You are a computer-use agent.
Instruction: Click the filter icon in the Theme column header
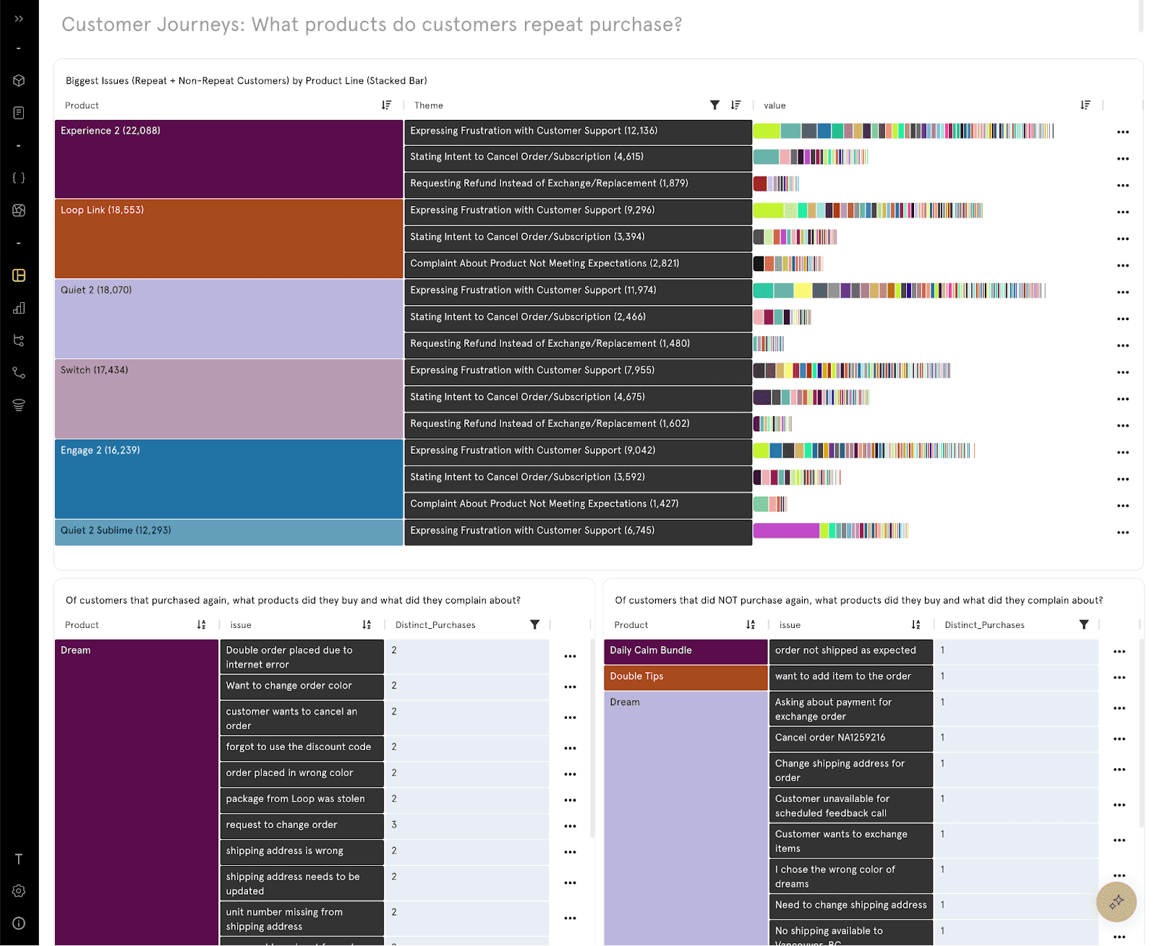(x=714, y=106)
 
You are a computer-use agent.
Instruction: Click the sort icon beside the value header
(x=1085, y=106)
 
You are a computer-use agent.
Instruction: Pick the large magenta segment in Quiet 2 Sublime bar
(x=785, y=531)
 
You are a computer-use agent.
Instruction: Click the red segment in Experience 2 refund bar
(x=759, y=184)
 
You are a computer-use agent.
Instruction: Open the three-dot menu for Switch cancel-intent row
(x=1122, y=399)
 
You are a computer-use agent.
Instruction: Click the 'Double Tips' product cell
(x=685, y=677)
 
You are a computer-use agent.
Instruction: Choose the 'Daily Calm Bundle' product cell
(x=685, y=651)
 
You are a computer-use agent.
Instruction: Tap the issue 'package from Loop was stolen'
(x=301, y=799)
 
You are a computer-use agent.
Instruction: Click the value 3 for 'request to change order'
(x=394, y=825)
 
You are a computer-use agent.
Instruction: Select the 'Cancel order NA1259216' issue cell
(x=850, y=738)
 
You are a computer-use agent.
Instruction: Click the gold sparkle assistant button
(x=1116, y=901)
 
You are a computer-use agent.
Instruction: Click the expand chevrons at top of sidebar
(x=19, y=19)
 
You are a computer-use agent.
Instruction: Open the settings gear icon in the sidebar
(x=19, y=891)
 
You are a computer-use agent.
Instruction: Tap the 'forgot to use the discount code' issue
(x=301, y=747)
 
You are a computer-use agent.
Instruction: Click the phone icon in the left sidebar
(x=19, y=373)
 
